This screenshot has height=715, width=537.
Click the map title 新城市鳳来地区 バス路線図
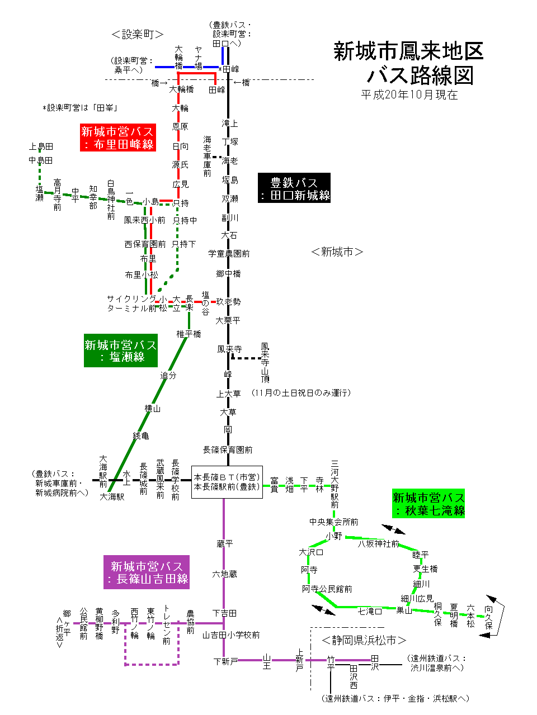(x=408, y=63)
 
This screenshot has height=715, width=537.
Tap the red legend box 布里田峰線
(x=117, y=138)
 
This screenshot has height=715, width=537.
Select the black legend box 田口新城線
(x=294, y=188)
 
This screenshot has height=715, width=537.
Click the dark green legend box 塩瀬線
(x=121, y=351)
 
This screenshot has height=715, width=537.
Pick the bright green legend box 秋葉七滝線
(x=428, y=504)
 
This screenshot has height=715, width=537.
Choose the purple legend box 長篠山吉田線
(x=147, y=572)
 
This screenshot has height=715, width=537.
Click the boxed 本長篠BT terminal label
(x=227, y=482)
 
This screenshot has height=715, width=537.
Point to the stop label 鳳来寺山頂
(x=265, y=362)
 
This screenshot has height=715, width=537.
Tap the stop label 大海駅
(x=112, y=496)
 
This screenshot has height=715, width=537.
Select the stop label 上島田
(x=41, y=146)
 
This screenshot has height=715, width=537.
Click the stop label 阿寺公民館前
(x=327, y=589)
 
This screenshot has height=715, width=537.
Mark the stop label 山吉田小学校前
(x=231, y=634)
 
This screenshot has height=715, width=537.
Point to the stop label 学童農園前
(x=229, y=253)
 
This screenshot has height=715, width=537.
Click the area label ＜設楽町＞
(x=137, y=34)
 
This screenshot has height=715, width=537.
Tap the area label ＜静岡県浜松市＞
(x=364, y=640)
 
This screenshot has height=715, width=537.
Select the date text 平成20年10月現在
(x=409, y=95)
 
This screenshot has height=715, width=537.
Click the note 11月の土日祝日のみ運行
(x=302, y=392)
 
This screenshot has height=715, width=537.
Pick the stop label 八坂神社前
(x=379, y=543)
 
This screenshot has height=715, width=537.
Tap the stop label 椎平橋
(x=189, y=334)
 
